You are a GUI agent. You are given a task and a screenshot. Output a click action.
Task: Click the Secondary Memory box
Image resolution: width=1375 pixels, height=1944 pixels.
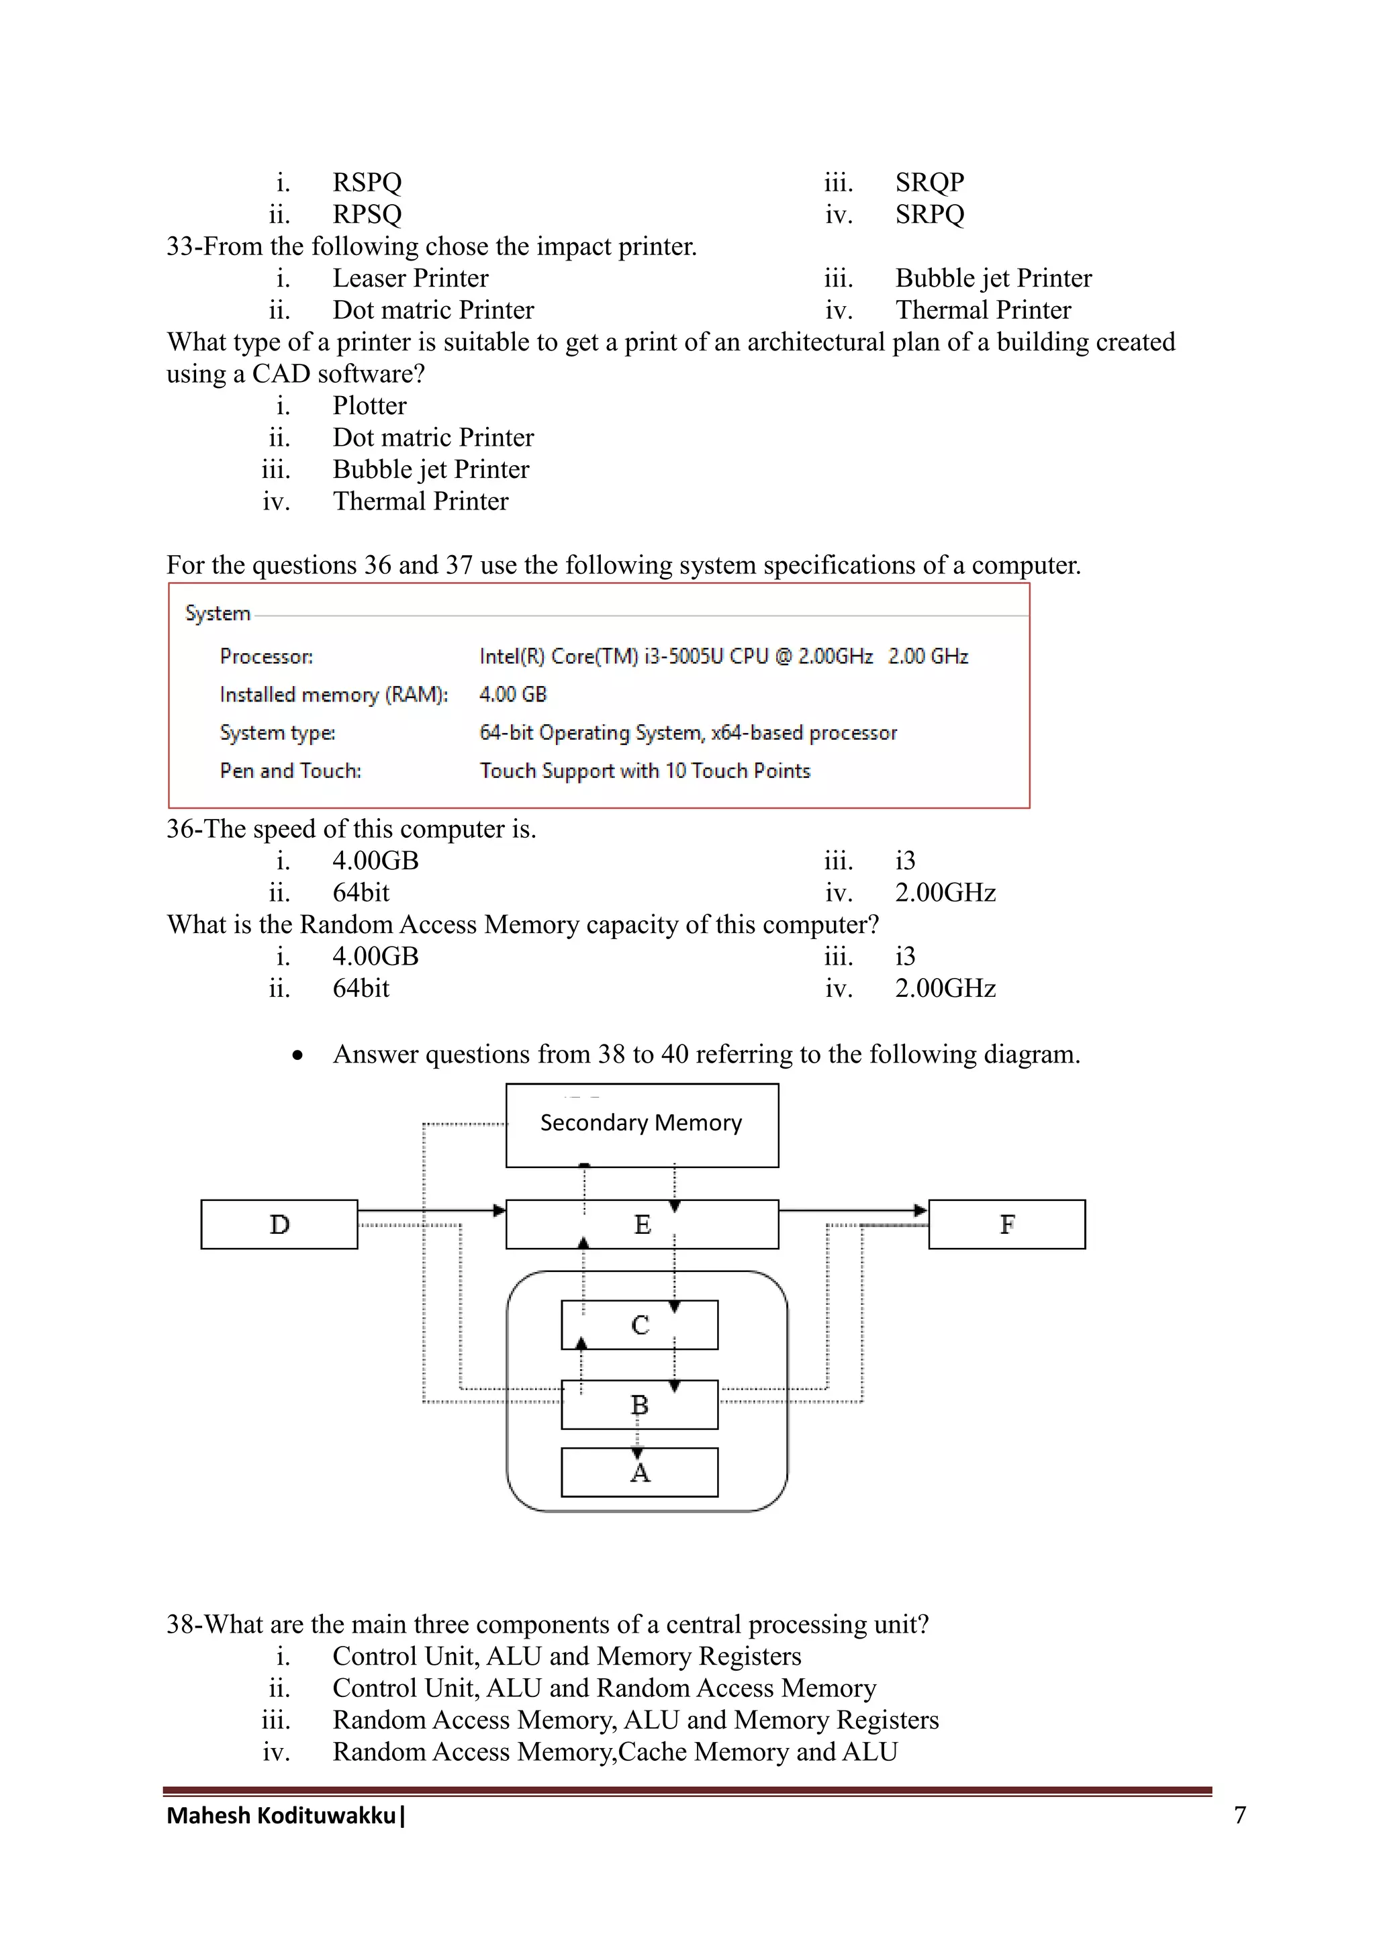pyautogui.click(x=641, y=1124)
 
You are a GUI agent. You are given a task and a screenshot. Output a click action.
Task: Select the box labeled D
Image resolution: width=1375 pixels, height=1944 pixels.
pyautogui.click(x=279, y=1224)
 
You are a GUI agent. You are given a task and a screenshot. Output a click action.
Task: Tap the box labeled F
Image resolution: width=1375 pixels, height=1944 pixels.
pyautogui.click(x=1006, y=1224)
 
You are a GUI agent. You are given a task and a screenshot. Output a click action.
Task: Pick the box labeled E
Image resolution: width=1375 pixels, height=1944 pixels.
pyautogui.click(x=641, y=1224)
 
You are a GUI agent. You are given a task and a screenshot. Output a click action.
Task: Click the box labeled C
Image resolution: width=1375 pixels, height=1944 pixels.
pyautogui.click(x=639, y=1325)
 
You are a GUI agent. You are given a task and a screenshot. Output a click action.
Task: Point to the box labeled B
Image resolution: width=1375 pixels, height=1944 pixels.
pyautogui.click(x=639, y=1406)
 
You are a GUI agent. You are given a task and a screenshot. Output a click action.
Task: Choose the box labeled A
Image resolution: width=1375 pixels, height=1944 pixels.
pyautogui.click(x=639, y=1473)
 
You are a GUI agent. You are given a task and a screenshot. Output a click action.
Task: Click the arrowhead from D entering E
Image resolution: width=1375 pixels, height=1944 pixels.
pyautogui.click(x=500, y=1211)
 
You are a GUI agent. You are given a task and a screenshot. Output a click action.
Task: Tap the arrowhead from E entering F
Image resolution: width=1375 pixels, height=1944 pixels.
pyautogui.click(x=921, y=1211)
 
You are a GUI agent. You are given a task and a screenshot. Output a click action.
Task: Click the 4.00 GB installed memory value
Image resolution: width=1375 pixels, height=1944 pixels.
pyautogui.click(x=512, y=694)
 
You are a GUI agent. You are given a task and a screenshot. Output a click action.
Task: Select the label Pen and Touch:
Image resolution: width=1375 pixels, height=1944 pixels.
pyautogui.click(x=291, y=771)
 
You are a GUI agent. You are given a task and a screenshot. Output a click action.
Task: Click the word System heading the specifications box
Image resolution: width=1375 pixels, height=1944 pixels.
pyautogui.click(x=218, y=613)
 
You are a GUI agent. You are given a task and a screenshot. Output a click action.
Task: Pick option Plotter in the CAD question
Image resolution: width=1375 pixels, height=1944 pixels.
pyautogui.click(x=369, y=405)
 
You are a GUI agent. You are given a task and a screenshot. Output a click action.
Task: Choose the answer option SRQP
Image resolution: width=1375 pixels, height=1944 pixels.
pyautogui.click(x=930, y=182)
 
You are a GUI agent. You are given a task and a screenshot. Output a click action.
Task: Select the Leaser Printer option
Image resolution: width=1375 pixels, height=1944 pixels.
pyautogui.click(x=410, y=278)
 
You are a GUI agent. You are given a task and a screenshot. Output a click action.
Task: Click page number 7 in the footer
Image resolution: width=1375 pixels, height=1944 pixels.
pyautogui.click(x=1239, y=1814)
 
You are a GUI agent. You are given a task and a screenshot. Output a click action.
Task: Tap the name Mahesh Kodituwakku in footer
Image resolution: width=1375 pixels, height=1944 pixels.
pyautogui.click(x=281, y=1815)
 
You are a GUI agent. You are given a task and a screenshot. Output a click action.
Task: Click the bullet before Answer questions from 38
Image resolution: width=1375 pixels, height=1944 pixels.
pyautogui.click(x=297, y=1055)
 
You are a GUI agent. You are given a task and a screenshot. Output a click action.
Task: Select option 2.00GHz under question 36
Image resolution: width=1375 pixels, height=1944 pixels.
pyautogui.click(x=945, y=892)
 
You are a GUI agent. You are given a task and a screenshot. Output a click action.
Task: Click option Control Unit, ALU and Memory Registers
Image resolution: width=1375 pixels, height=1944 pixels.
pyautogui.click(x=567, y=1656)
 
